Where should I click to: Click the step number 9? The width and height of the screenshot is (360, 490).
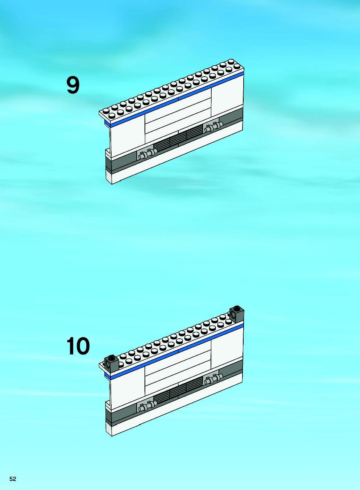click(x=73, y=86)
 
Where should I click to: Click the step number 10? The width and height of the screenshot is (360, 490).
click(x=78, y=346)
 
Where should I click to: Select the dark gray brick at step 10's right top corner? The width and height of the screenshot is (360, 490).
click(x=236, y=314)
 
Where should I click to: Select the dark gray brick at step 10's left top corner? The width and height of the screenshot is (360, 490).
click(x=111, y=363)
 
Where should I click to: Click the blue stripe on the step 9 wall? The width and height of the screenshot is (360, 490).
click(x=174, y=100)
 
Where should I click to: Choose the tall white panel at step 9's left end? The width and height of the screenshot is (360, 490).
click(x=128, y=136)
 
